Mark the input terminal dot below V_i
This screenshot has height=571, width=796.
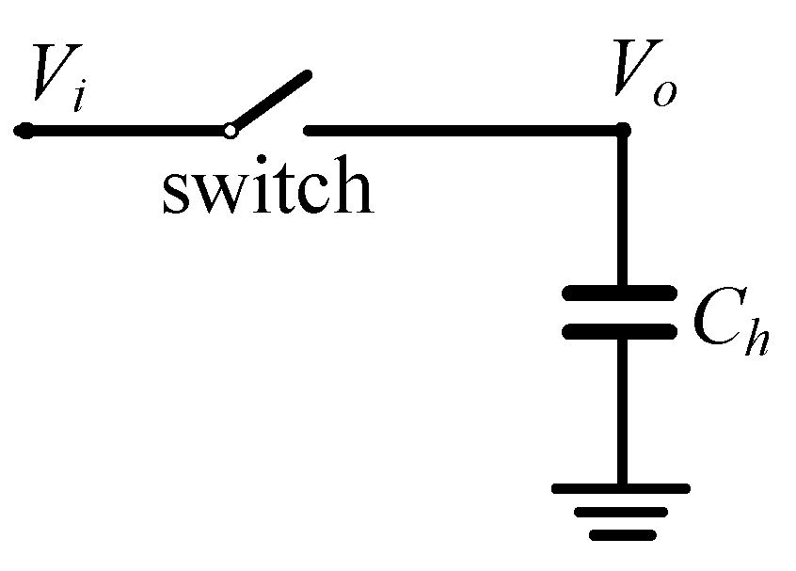click(25, 131)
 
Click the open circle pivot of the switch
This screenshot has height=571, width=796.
click(230, 131)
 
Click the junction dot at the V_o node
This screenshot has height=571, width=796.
click(621, 131)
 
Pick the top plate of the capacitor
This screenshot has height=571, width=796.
click(619, 293)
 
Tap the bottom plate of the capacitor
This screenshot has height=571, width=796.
click(619, 331)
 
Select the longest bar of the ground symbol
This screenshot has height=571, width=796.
click(620, 488)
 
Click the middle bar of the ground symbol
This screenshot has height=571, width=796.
click(620, 513)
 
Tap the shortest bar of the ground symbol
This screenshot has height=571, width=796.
click(620, 535)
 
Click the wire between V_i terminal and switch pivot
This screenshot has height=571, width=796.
click(127, 131)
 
